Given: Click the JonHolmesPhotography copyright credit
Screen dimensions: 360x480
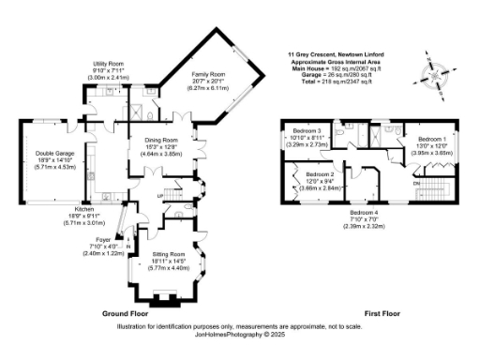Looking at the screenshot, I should click(x=239, y=333).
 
